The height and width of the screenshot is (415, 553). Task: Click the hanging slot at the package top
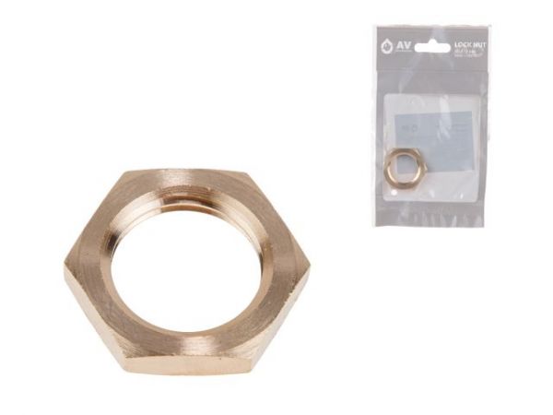click(x=430, y=45)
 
